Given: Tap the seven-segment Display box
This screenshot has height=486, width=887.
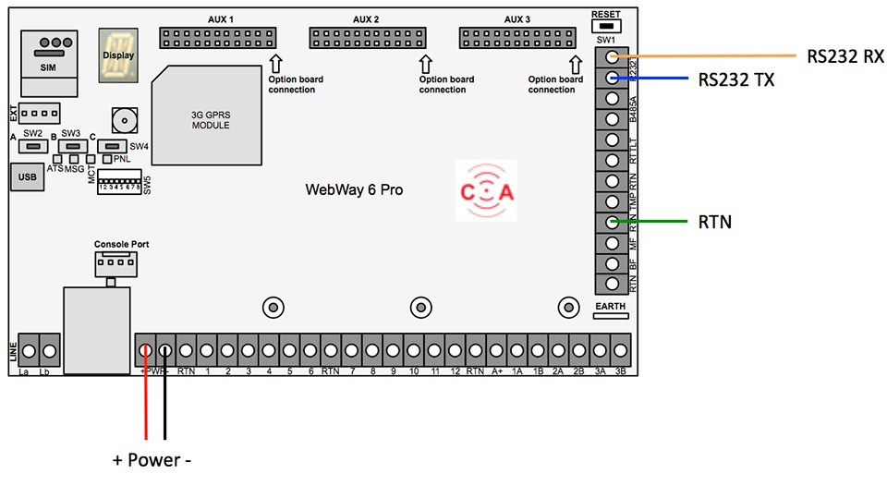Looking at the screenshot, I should [x=117, y=55].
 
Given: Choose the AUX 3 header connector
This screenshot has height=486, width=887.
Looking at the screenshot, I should [x=516, y=37].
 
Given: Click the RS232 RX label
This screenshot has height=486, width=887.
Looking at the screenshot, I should [x=844, y=57].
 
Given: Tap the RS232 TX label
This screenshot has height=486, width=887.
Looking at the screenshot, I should [x=736, y=80].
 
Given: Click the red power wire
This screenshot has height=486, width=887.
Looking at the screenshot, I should [x=145, y=397].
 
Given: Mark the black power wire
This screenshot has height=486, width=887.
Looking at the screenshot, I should [x=165, y=397].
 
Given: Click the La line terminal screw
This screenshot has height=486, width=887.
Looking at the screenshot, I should [x=28, y=352].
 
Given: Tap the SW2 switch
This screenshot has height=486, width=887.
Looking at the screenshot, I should [x=34, y=146].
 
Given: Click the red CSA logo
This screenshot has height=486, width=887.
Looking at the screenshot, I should [x=486, y=190].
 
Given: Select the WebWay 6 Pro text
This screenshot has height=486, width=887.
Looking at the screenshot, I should [x=354, y=190].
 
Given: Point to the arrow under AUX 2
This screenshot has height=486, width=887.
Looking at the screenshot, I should [x=425, y=64].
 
